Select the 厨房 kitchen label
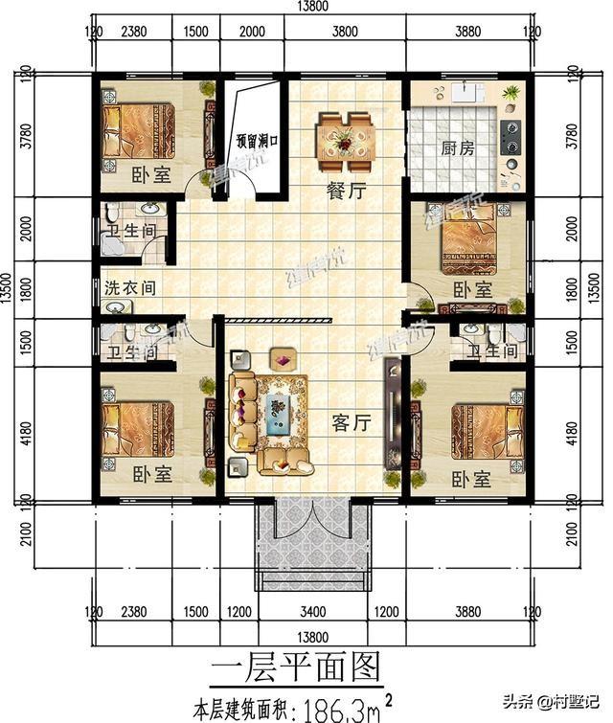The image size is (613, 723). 459,148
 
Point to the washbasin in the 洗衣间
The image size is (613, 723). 115,307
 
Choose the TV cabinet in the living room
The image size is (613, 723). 392,412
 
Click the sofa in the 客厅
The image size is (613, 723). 243,413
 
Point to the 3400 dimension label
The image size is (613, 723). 313,611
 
